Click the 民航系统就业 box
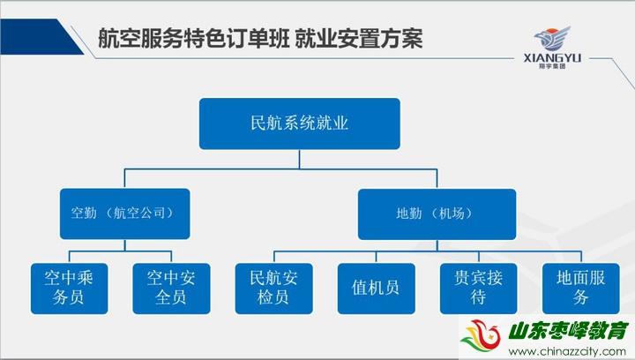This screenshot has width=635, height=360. pos(300,124)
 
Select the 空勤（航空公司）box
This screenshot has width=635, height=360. pos(124,214)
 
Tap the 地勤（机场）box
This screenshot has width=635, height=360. pos(437,214)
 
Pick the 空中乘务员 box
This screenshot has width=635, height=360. pos(70,289)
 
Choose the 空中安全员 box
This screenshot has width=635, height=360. pos(171,289)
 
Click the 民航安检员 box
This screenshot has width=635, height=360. pos(273,289)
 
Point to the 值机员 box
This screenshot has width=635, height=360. pos(377,289)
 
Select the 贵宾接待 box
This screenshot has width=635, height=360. pos(479,289)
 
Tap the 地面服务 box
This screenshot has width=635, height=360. pos(580,289)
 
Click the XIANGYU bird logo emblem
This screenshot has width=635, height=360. pos(552,39)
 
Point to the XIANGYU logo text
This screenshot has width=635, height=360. pos(552,58)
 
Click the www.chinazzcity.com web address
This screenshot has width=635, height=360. pos(567,351)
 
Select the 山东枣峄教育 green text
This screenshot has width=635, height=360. pos(568,331)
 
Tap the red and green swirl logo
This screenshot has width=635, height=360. pos(482,335)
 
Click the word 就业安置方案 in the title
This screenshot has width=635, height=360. pos(359,39)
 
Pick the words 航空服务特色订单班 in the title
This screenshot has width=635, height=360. pos(193,39)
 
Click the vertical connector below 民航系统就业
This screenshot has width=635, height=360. pos(300,159)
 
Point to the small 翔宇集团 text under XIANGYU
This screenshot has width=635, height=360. pos(552,66)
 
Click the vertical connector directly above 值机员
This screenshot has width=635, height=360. pos(377,257)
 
